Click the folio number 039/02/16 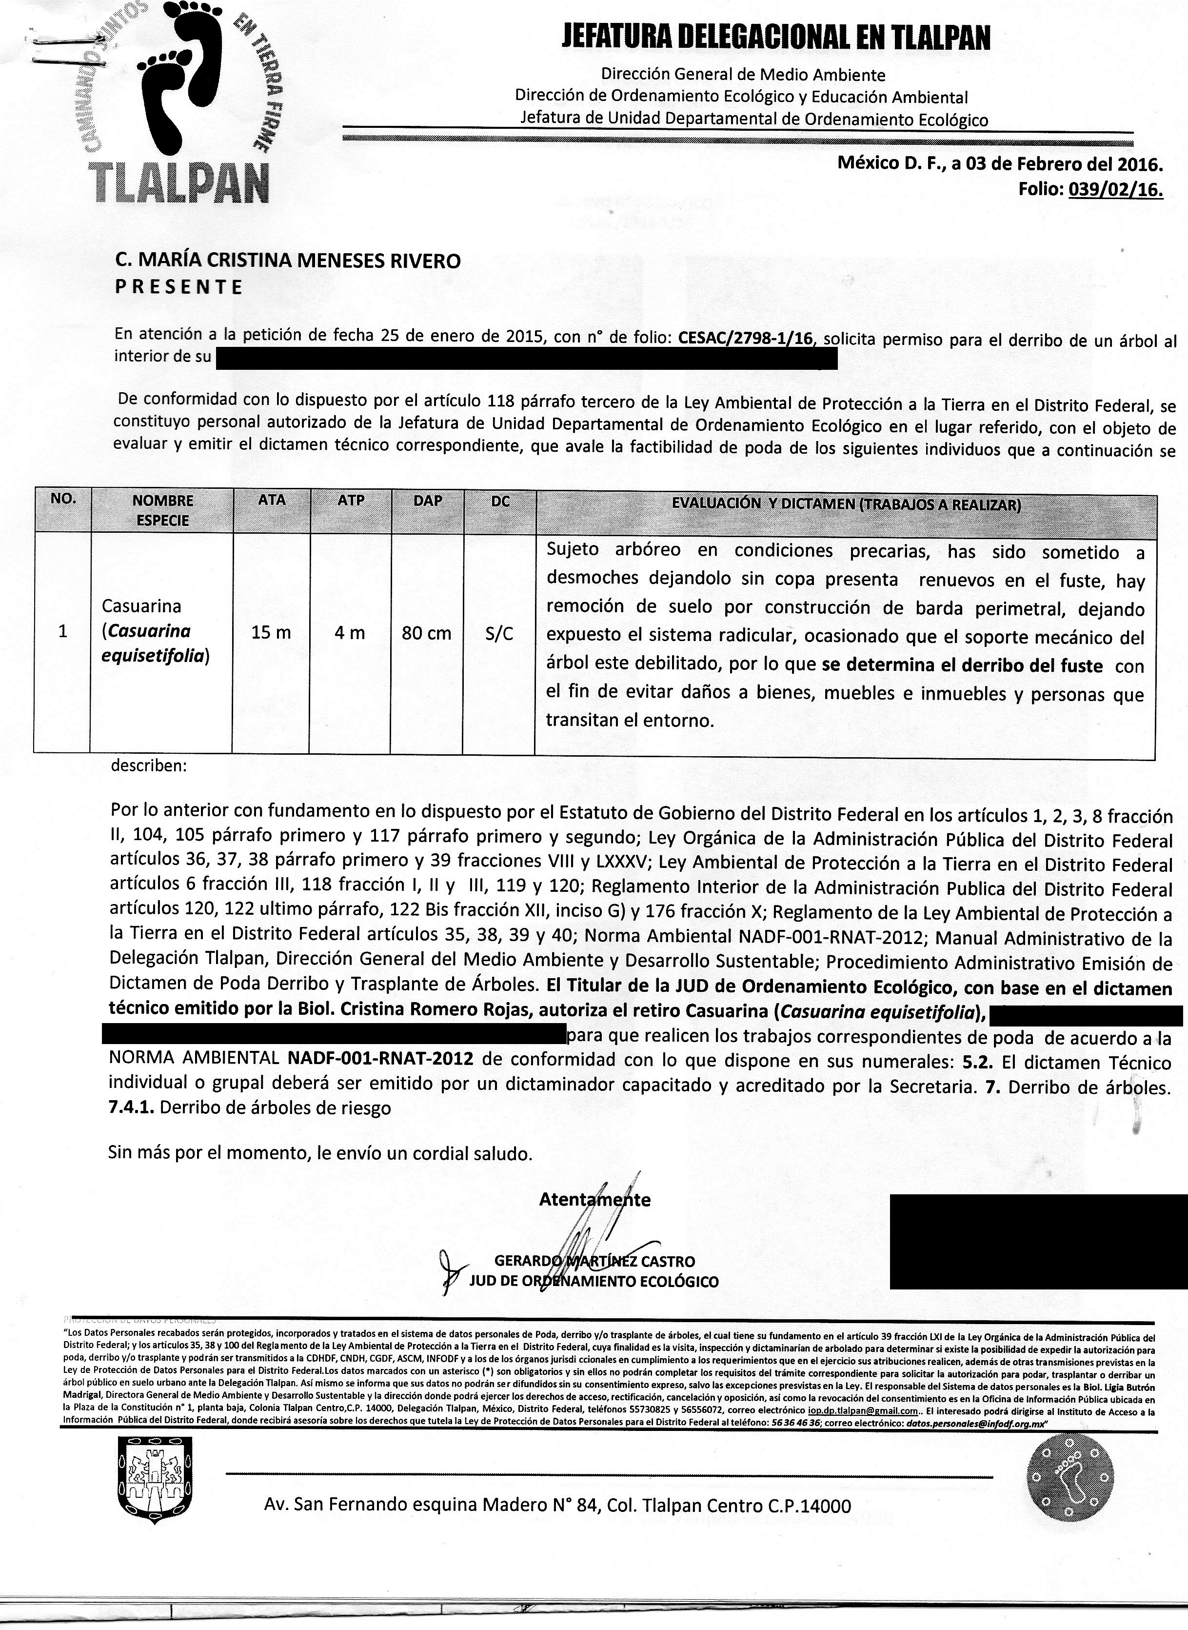click(1115, 190)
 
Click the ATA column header click(272, 500)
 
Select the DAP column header click(428, 501)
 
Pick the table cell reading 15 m click(271, 633)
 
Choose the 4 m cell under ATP click(350, 633)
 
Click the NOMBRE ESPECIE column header click(162, 510)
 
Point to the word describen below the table click(148, 765)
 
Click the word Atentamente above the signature click(594, 1199)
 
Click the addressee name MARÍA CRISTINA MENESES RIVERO click(288, 261)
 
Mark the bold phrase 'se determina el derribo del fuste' click(962, 665)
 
